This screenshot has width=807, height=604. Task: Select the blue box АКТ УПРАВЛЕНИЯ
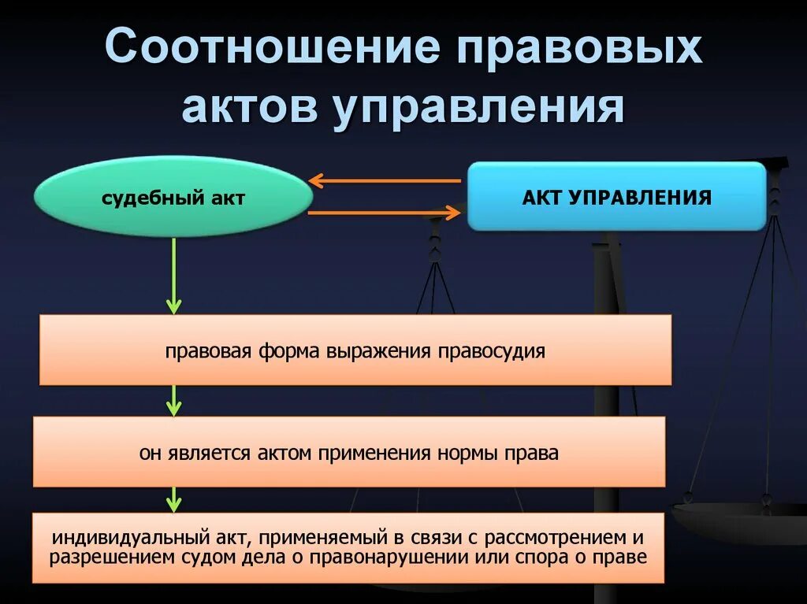click(x=616, y=196)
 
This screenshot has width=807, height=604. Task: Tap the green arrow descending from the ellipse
click(x=173, y=276)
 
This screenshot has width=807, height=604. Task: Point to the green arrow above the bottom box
click(x=173, y=499)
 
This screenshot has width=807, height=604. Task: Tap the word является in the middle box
click(x=207, y=453)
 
